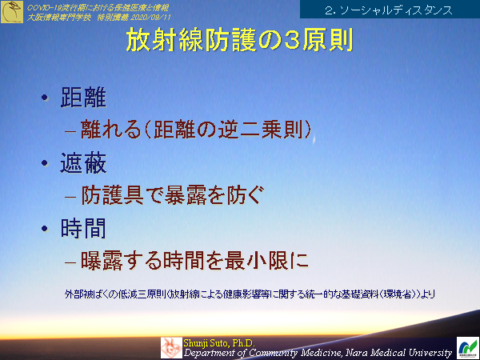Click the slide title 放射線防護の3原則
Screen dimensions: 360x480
point(239,43)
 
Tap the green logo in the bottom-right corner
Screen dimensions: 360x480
point(467,347)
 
